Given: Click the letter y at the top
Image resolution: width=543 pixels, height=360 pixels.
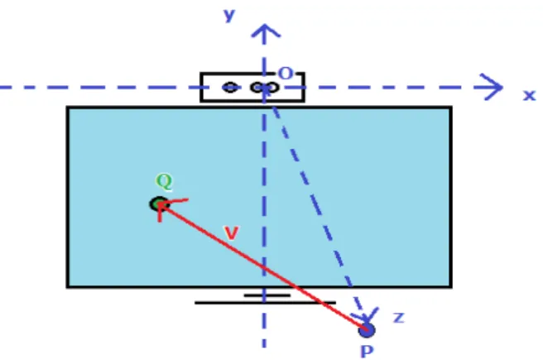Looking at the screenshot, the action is click(x=229, y=15).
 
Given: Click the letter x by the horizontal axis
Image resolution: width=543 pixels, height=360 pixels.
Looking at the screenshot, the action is click(x=529, y=95).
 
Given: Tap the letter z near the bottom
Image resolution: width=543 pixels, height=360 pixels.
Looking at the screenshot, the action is click(x=399, y=318).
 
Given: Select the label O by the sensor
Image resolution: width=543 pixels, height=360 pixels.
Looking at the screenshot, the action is click(x=286, y=74).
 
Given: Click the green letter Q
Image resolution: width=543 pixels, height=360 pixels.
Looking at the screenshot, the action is click(x=164, y=181).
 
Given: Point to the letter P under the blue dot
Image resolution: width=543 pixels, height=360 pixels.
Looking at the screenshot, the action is click(x=367, y=352).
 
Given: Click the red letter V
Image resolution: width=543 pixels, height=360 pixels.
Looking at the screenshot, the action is click(x=231, y=233).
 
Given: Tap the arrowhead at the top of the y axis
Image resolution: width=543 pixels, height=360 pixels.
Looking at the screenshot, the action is click(x=265, y=31).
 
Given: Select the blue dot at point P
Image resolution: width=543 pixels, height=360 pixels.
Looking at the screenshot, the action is click(x=367, y=330).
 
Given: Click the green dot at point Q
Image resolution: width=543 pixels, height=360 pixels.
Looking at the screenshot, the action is click(x=159, y=204).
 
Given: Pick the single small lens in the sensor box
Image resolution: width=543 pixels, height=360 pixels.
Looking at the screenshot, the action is click(x=230, y=88).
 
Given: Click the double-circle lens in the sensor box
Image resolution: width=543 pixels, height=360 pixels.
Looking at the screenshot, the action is click(x=265, y=88).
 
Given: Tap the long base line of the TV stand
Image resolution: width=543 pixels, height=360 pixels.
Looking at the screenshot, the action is click(x=265, y=303).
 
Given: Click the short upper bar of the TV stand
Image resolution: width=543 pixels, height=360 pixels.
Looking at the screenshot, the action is click(x=267, y=295).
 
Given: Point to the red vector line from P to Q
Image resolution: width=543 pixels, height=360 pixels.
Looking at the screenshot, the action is click(x=263, y=266).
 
